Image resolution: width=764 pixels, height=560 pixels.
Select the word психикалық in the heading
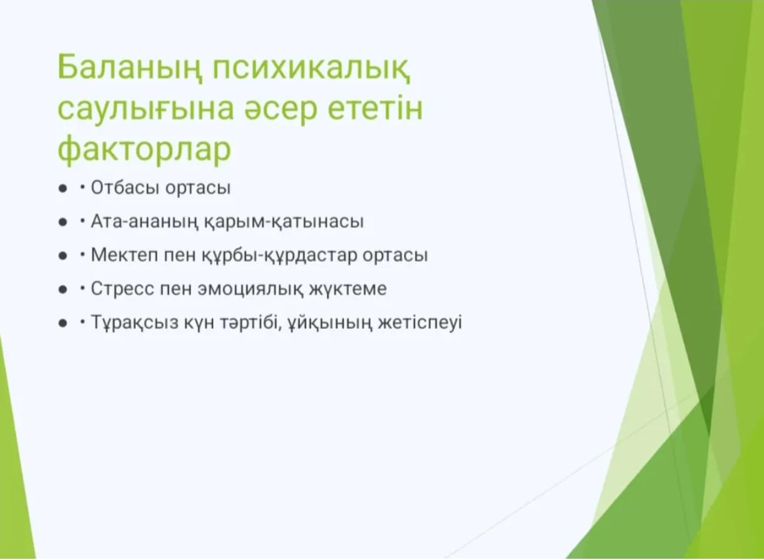coord(311,68)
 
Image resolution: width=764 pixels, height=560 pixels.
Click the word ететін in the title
coord(375,108)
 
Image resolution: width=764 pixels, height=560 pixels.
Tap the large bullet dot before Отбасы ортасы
coord(63,189)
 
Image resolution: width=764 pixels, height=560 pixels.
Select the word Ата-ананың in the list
coord(145,222)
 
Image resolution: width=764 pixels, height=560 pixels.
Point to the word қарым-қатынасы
coord(284,222)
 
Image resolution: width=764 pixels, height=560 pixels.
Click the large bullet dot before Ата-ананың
coord(63,222)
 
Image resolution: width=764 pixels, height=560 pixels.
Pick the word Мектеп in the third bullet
coord(125,255)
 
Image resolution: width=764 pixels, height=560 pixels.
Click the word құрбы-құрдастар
coord(279,256)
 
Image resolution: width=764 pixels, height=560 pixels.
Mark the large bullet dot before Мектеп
coord(63,256)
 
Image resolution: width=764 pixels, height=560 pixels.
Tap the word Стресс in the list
coord(123,289)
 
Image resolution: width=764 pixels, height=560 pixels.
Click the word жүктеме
coord(348,289)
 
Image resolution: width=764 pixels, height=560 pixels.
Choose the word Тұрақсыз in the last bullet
coord(135,323)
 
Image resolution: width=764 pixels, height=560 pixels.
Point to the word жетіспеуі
coord(420,323)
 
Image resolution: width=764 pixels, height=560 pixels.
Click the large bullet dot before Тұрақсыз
coord(63,323)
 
